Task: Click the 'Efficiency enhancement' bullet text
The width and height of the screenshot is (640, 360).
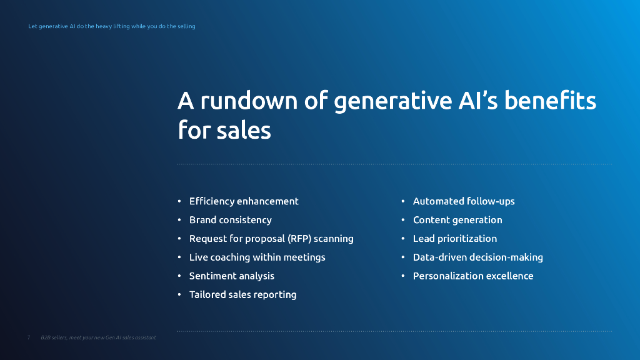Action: pyautogui.click(x=244, y=201)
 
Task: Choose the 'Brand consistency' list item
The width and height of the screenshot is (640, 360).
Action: pyautogui.click(x=230, y=220)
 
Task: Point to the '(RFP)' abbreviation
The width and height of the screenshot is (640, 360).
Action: pyautogui.click(x=299, y=239)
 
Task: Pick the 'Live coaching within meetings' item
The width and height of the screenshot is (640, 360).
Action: pyautogui.click(x=257, y=257)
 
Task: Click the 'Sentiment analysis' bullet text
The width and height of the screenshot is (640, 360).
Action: pyautogui.click(x=231, y=276)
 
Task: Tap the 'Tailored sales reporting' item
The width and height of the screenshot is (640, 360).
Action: pyautogui.click(x=242, y=294)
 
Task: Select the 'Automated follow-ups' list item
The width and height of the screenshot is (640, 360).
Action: pyautogui.click(x=464, y=201)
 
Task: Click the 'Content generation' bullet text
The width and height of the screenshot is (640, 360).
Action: pyautogui.click(x=457, y=220)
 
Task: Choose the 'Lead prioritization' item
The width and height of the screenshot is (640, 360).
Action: pyautogui.click(x=455, y=239)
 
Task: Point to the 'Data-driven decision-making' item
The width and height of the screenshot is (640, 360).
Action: pyautogui.click(x=477, y=257)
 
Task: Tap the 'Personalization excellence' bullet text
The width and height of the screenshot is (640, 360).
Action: pyautogui.click(x=473, y=276)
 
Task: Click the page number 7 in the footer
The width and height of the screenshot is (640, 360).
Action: pyautogui.click(x=29, y=337)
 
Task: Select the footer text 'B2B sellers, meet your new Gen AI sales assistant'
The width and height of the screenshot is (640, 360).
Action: pyautogui.click(x=98, y=337)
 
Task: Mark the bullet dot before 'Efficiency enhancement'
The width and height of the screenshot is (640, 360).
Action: pyautogui.click(x=179, y=201)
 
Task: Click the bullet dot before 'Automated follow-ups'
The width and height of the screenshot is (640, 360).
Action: pyautogui.click(x=403, y=201)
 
